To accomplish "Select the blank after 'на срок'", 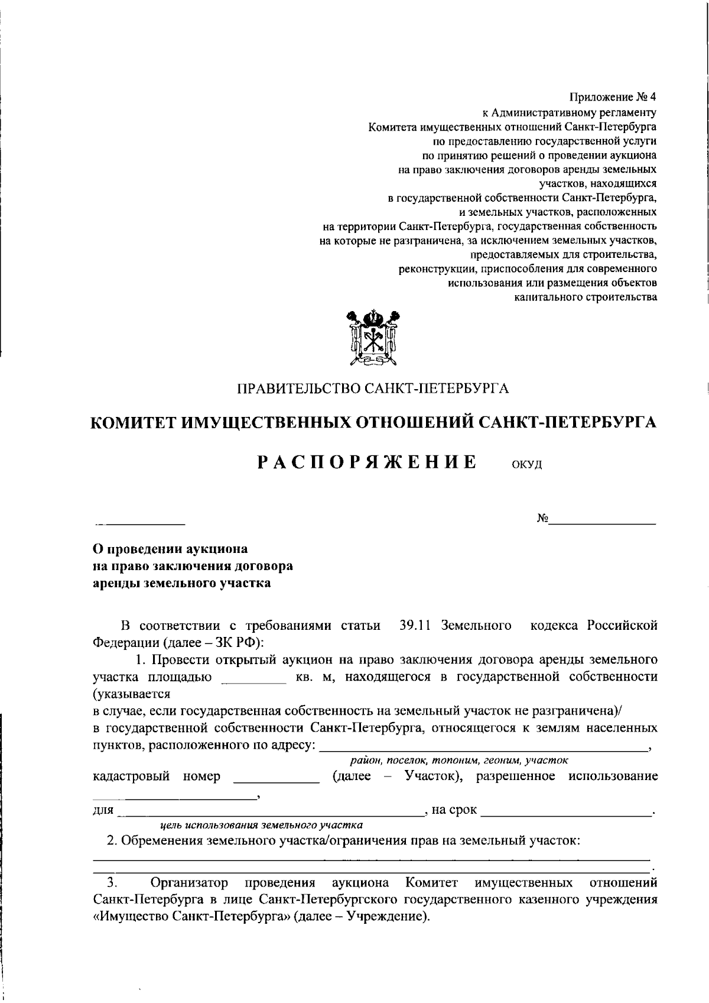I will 567,812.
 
